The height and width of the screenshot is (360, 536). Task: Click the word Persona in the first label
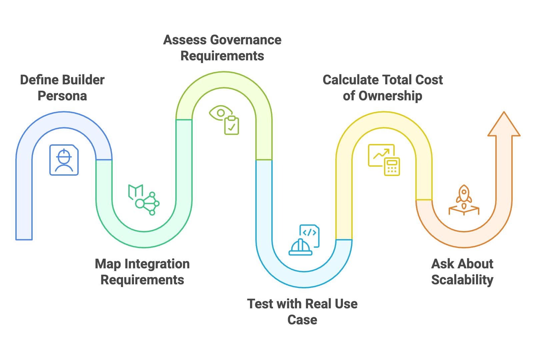pos(62,96)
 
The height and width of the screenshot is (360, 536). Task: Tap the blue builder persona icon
pos(64,160)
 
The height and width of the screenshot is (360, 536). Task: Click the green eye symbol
pos(220,113)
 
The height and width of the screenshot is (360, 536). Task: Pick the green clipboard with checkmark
pos(232,126)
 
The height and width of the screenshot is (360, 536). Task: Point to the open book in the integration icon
pos(136,192)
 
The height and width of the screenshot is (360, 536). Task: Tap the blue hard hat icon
pos(300,248)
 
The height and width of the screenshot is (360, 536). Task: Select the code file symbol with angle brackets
pos(310,233)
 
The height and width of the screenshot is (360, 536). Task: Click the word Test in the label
pos(260,304)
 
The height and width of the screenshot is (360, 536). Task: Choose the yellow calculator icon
pos(392,166)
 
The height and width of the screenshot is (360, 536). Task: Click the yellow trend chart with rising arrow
pos(381,154)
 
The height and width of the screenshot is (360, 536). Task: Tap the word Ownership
pos(390,96)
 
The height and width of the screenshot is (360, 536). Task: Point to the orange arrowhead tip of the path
pos(504,113)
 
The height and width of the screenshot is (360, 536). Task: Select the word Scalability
pos(462,280)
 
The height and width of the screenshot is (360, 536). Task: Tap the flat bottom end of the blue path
pos(24,239)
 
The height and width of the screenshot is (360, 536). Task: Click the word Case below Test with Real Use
pos(302,320)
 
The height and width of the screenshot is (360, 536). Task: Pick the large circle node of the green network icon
pos(140,203)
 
